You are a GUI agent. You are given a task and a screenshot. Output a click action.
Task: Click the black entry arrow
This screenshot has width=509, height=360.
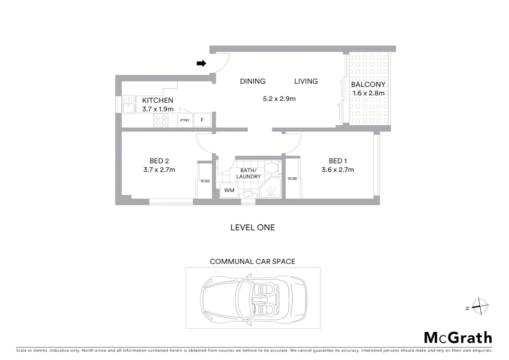[x=201, y=63]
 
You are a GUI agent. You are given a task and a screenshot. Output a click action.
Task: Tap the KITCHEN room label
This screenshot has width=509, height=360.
[x=158, y=100]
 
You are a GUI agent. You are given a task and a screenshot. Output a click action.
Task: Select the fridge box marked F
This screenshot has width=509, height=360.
[x=202, y=120]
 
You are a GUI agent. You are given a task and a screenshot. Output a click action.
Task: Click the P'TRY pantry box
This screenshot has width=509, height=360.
[x=185, y=120]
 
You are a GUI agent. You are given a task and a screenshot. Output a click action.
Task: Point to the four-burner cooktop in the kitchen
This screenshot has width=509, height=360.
[x=161, y=120]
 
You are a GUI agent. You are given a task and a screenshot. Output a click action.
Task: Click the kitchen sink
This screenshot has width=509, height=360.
[x=128, y=104]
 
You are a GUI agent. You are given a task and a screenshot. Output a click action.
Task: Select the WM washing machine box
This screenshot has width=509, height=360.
[x=229, y=190]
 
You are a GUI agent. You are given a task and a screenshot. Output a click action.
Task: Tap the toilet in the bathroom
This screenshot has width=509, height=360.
[x=271, y=168]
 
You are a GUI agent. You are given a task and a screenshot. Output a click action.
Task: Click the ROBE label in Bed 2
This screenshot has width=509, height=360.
[x=205, y=181]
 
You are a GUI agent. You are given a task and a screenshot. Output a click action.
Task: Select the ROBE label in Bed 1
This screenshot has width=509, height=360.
[x=292, y=179]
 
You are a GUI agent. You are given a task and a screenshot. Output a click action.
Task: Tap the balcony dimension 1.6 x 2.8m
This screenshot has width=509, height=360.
[x=368, y=93]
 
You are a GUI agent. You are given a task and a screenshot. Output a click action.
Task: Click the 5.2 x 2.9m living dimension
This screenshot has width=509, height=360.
[x=279, y=99]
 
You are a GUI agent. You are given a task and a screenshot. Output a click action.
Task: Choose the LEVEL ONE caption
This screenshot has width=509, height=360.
[x=253, y=228]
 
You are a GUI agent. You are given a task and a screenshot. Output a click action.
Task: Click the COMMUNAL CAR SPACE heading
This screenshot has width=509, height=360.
[x=253, y=262]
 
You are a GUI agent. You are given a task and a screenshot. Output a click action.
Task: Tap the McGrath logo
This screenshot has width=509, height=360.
[x=458, y=338]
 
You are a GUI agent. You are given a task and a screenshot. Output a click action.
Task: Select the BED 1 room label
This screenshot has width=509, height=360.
[x=338, y=161]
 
